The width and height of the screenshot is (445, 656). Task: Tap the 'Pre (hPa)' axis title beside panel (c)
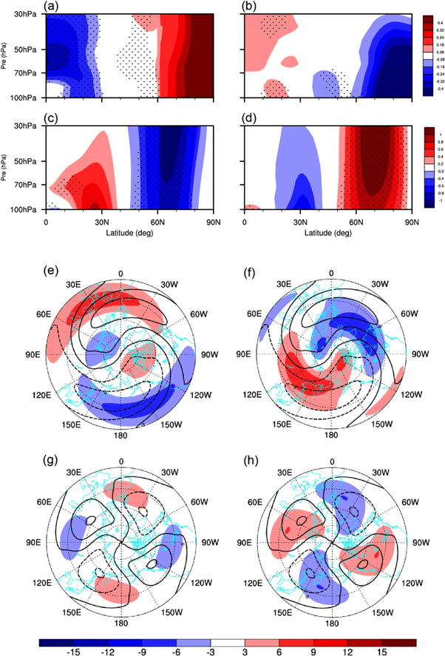click(7, 168)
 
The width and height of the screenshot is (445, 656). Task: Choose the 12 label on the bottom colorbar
click(347, 652)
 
